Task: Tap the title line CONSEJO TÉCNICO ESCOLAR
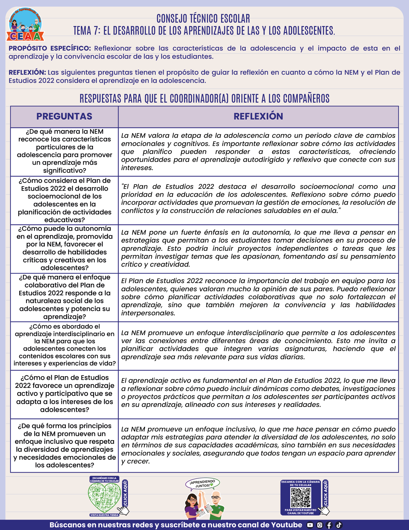click(203, 19)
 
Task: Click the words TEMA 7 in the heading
click(86, 31)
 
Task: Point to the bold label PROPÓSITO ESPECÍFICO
click(50, 48)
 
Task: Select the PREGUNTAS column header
click(64, 116)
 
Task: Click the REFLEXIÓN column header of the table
click(258, 116)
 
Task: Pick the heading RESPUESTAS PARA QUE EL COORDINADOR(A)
click(204, 99)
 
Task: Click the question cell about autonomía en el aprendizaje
click(65, 248)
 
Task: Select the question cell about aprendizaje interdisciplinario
click(65, 345)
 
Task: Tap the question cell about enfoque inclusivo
click(65, 445)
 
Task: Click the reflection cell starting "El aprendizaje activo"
click(258, 393)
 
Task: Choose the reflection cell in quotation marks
click(258, 199)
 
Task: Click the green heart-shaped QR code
click(104, 498)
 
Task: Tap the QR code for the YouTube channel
click(301, 498)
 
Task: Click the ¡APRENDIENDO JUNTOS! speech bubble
click(202, 484)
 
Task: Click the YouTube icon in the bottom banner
click(310, 525)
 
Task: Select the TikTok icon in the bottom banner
click(339, 525)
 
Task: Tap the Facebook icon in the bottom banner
click(329, 525)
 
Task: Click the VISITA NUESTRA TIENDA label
click(104, 515)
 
